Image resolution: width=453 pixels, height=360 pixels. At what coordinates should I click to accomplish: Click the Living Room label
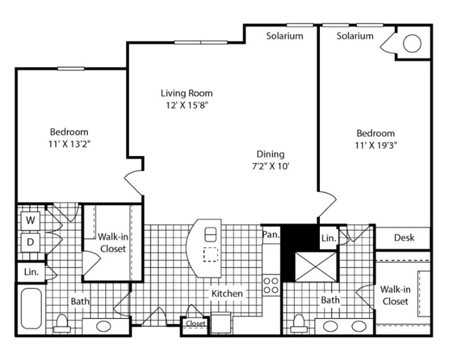click(186, 93)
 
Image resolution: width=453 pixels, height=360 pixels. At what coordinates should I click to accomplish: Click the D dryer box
click(31, 242)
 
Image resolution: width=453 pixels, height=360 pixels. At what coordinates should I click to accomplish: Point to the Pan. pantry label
click(271, 235)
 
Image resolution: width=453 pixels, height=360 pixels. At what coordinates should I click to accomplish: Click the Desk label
click(404, 237)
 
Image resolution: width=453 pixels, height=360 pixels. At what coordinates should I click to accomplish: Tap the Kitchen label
click(227, 293)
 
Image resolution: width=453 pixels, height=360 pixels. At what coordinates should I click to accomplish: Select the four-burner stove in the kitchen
click(271, 285)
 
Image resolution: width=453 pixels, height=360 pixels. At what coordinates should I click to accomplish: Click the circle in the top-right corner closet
click(412, 44)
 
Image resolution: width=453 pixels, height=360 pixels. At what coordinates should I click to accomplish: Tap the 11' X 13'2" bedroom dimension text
click(68, 144)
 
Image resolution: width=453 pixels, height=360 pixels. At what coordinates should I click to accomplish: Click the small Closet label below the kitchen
click(195, 324)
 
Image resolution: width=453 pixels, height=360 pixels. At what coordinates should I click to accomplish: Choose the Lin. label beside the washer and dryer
click(31, 272)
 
